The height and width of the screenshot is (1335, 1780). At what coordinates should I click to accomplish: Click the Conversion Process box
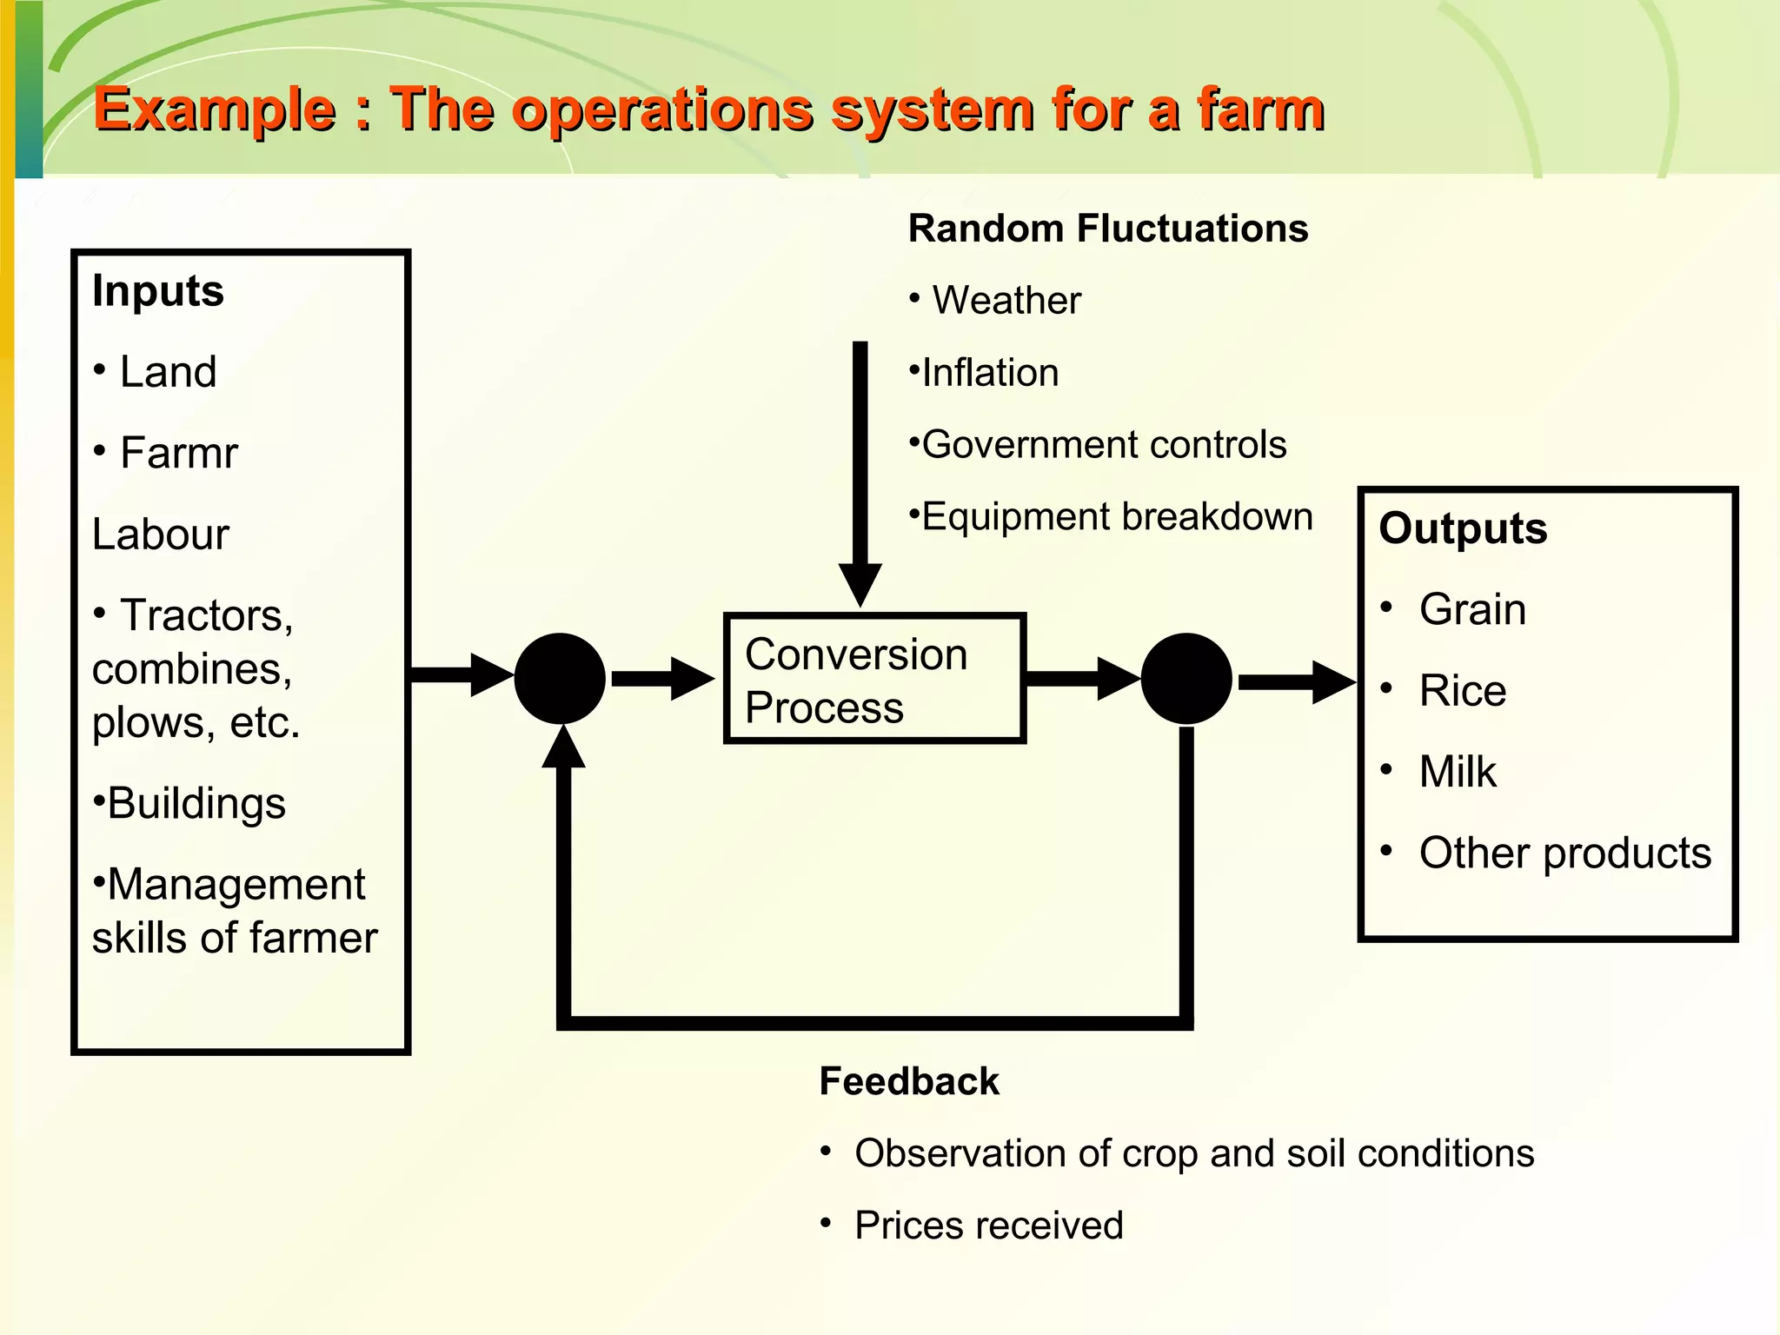coord(875,679)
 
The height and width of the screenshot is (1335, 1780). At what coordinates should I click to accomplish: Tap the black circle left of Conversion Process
coord(560,679)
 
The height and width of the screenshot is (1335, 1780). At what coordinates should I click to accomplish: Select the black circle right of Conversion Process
coord(1186,679)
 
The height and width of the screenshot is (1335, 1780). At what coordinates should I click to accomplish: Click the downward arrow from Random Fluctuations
coord(860,469)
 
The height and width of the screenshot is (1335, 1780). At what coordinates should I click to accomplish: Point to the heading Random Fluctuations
coord(1108,229)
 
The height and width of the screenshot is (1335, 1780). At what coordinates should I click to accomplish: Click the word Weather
coord(1006,301)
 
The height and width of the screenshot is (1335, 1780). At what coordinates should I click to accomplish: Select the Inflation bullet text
coord(990,373)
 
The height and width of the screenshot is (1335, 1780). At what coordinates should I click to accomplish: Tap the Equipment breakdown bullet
coord(1117,517)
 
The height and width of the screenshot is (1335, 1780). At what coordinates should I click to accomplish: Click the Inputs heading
coord(158,290)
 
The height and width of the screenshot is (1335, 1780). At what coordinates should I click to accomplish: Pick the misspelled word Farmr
coord(179,453)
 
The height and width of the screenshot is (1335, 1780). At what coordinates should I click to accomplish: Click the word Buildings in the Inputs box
coord(196,803)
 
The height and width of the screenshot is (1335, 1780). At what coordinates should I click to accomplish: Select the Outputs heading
coord(1463,528)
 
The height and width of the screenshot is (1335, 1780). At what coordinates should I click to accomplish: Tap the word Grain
coord(1472,609)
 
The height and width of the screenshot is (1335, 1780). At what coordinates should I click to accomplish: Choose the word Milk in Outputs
coord(1458,772)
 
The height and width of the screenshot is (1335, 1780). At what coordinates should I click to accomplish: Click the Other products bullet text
coord(1564,853)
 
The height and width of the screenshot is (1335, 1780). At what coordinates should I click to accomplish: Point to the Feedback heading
coord(909,1082)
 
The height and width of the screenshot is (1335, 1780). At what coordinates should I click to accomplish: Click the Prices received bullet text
coord(989,1225)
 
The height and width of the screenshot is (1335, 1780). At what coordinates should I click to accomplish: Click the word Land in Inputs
coord(168,372)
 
